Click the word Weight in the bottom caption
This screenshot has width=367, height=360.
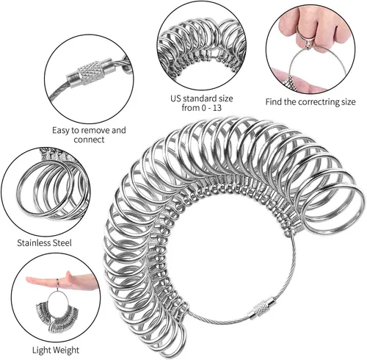(65, 350)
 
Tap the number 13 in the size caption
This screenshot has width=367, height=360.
(217, 108)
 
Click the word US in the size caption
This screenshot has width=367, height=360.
(176, 98)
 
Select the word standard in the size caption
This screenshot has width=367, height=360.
(200, 98)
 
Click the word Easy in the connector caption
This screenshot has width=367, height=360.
(61, 131)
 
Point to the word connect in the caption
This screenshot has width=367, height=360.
(89, 140)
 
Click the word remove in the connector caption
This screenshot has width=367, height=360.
(95, 130)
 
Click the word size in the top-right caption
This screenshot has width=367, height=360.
(347, 102)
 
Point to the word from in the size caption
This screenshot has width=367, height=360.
(191, 108)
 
